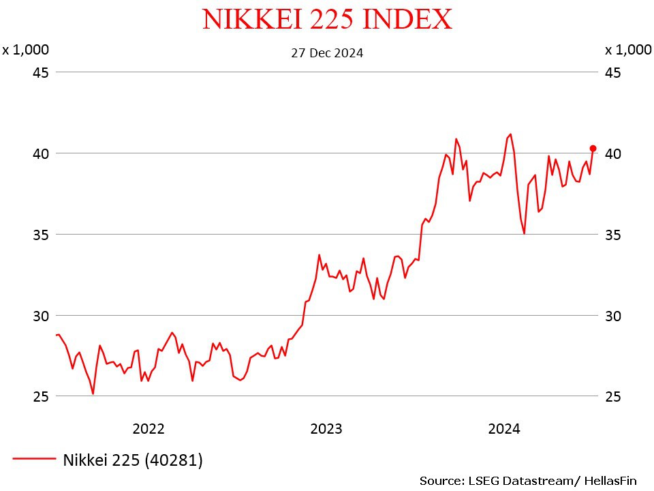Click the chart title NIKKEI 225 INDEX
pyautogui.click(x=327, y=19)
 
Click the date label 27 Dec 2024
pyautogui.click(x=327, y=53)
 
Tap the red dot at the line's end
pyautogui.click(x=593, y=148)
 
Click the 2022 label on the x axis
pyautogui.click(x=149, y=429)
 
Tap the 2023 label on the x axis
pyautogui.click(x=326, y=429)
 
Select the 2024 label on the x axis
pyautogui.click(x=504, y=429)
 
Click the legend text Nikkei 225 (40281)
pyautogui.click(x=133, y=460)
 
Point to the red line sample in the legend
pyautogui.click(x=34, y=460)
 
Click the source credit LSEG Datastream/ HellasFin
pyautogui.click(x=528, y=481)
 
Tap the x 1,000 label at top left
pyautogui.click(x=26, y=50)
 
